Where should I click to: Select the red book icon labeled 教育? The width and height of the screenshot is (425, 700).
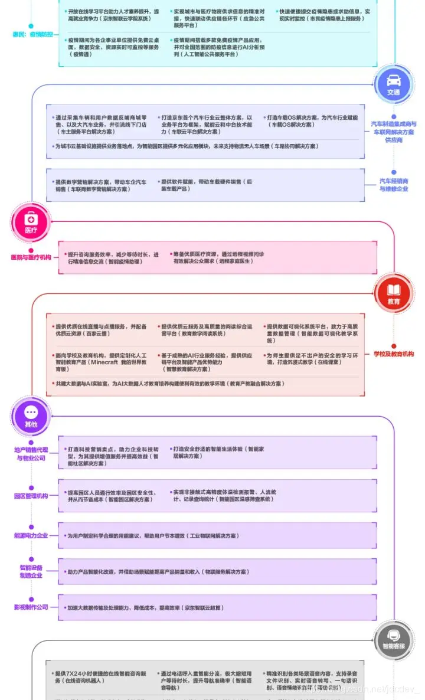393,291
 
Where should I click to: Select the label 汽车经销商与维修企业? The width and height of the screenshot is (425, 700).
393,184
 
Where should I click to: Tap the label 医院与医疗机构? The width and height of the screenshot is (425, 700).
31,257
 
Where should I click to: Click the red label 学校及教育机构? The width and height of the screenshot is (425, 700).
393,354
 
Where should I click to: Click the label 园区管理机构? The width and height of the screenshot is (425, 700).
31,496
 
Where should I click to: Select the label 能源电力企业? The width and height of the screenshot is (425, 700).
31,535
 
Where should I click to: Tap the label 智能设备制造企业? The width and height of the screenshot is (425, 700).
31,571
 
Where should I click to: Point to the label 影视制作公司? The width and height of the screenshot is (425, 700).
31,607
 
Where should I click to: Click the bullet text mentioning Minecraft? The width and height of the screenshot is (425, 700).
100,362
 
